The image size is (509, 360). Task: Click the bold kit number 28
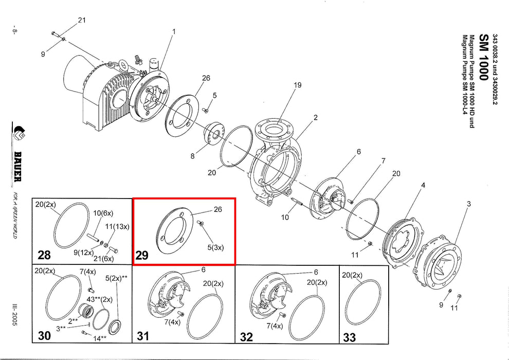tap(44, 255)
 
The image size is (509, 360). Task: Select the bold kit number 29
tap(142, 255)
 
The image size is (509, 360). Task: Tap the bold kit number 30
tap(44, 336)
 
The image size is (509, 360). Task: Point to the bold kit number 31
tap(142, 336)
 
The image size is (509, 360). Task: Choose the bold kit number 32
tap(246, 337)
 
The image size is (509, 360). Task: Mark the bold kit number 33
tap(349, 337)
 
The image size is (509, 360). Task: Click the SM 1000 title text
tap(483, 57)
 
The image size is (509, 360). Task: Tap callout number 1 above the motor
tap(174, 32)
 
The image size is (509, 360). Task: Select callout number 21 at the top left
tap(81, 21)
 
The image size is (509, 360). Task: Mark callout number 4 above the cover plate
tap(423, 185)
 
